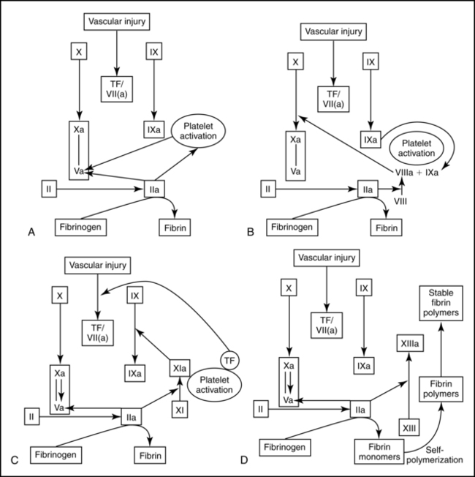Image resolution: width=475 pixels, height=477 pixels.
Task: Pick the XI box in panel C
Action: pyautogui.click(x=180, y=410)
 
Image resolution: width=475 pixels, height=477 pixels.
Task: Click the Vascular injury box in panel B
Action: pyautogui.click(x=334, y=32)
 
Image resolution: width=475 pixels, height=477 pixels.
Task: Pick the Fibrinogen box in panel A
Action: pyautogui.click(x=86, y=225)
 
